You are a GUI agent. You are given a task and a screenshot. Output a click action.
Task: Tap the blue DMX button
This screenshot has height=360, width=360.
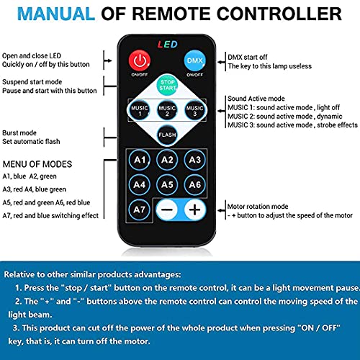point(192,60)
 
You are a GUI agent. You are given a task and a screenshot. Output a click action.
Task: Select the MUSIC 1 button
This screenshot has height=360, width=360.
point(141,111)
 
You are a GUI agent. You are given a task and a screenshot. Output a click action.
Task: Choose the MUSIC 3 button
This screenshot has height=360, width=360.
point(193,111)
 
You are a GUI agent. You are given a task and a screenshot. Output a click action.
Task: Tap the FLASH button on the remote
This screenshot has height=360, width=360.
point(167,135)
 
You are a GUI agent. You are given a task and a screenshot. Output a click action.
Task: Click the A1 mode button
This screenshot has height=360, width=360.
point(140,160)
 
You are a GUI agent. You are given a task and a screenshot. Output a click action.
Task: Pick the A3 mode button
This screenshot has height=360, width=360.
point(193,160)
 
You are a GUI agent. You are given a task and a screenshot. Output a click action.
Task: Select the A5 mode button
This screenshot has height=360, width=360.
point(167,184)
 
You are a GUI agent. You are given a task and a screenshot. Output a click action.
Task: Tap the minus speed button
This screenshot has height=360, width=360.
point(167,210)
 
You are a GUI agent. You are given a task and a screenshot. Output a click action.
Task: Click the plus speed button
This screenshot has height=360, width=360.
point(193,210)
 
